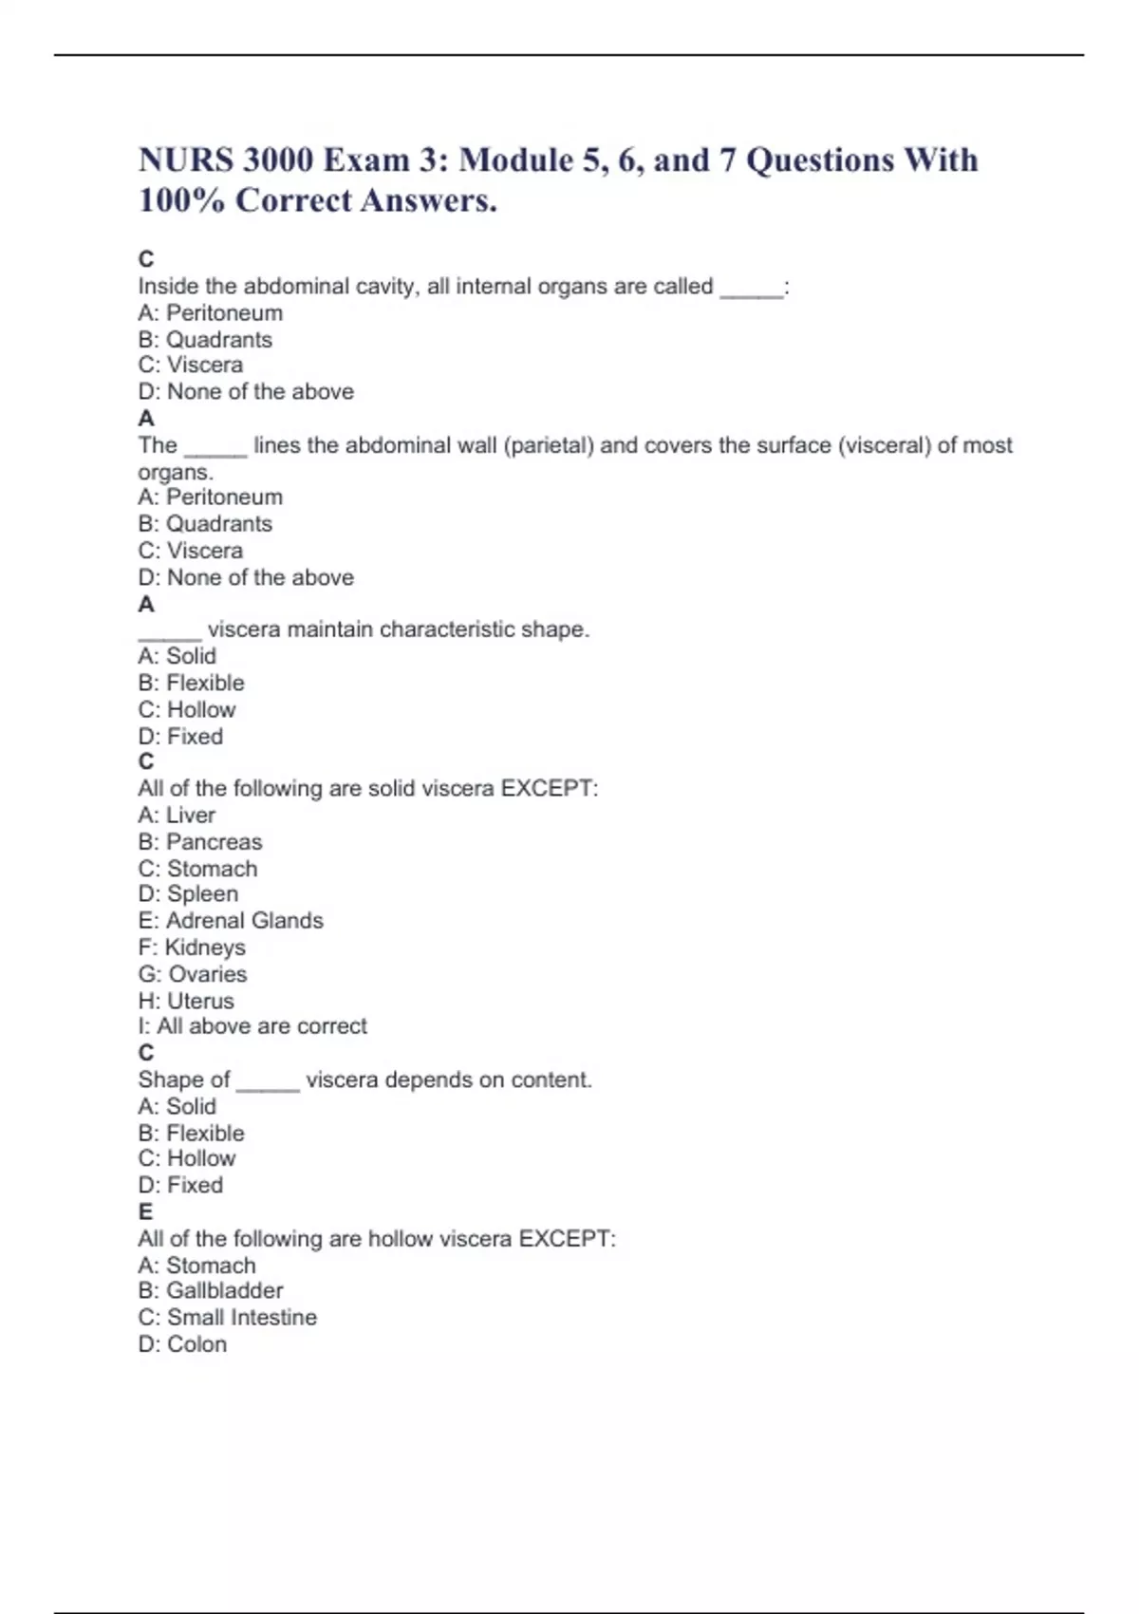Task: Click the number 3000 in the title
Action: (277, 160)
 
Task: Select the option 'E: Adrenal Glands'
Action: (231, 921)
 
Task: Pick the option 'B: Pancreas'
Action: (200, 842)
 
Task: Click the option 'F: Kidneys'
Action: (192, 948)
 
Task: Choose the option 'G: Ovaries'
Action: (193, 974)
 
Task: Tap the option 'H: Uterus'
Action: (186, 1001)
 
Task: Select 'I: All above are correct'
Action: (252, 1026)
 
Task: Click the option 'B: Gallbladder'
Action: (211, 1291)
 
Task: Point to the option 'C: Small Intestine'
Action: (228, 1318)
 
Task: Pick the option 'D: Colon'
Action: (182, 1344)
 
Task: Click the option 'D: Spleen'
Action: (188, 894)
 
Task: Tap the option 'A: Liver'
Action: (177, 816)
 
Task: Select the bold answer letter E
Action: (145, 1212)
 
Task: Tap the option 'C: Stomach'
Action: (197, 869)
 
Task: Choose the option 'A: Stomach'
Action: (196, 1266)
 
